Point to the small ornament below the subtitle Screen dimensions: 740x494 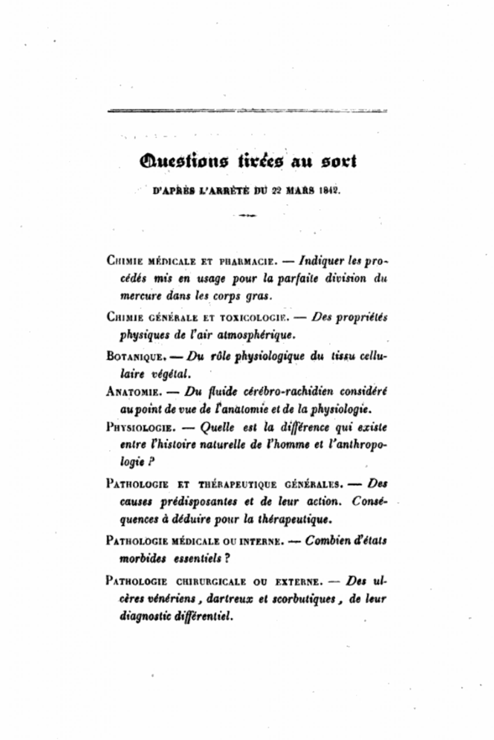tap(248, 216)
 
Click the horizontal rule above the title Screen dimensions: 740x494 tap(247, 111)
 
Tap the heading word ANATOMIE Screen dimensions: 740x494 tap(134, 392)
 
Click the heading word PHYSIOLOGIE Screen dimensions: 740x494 tap(140, 428)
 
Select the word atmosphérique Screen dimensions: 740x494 tap(256, 335)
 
